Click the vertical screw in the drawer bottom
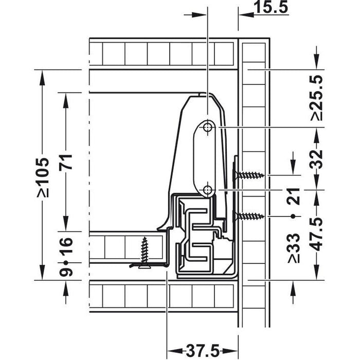[x=145, y=251]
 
